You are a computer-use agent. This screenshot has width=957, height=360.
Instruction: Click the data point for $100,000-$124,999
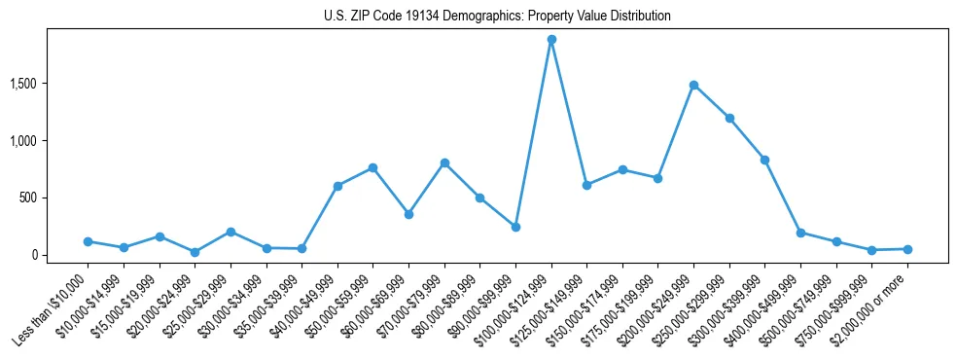(x=551, y=40)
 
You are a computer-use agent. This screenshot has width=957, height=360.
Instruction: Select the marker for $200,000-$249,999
(x=693, y=85)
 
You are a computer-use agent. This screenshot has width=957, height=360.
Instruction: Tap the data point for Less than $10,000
(x=88, y=241)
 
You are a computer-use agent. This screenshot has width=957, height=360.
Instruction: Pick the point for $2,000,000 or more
(x=907, y=249)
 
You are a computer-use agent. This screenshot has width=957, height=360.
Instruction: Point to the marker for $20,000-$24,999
(x=195, y=252)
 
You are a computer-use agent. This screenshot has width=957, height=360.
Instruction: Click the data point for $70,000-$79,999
(x=444, y=162)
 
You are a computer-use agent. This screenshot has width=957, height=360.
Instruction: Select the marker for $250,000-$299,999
(x=729, y=118)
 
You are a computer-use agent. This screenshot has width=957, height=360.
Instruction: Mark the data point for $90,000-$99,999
(x=515, y=227)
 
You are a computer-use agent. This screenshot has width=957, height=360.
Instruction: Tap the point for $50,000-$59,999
(x=372, y=167)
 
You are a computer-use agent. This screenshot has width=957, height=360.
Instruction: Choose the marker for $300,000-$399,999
(x=765, y=160)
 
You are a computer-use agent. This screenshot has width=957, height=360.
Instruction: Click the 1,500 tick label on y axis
(x=49, y=84)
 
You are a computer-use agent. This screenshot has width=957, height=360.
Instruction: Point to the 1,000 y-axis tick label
(x=49, y=140)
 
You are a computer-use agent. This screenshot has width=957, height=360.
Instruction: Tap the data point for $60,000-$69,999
(x=408, y=214)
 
